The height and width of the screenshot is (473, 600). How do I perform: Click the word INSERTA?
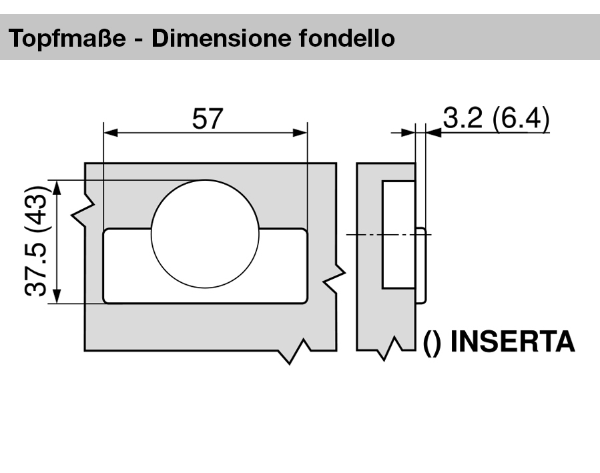click(513, 342)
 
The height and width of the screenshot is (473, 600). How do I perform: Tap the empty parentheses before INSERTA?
click(432, 342)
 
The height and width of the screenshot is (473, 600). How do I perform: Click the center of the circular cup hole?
click(205, 234)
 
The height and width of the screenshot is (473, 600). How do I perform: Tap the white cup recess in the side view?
click(398, 234)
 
